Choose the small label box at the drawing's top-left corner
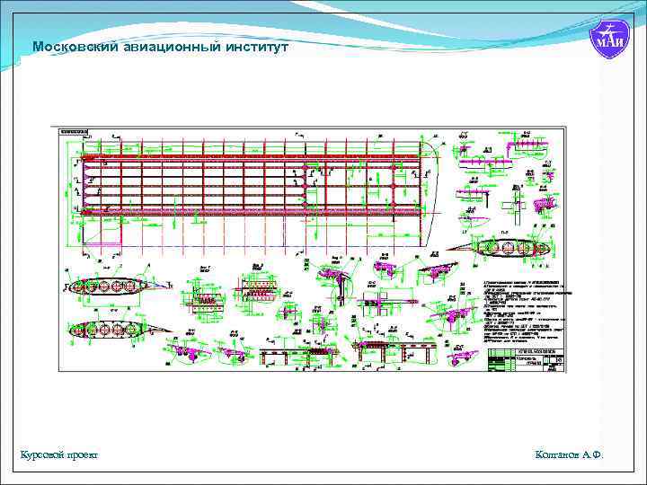click(x=72, y=131)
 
